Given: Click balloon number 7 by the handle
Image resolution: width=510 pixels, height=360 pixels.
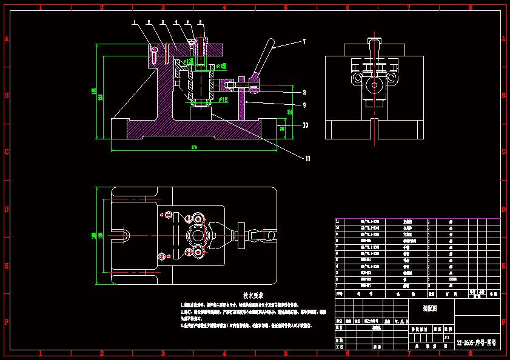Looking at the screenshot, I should click(x=304, y=42).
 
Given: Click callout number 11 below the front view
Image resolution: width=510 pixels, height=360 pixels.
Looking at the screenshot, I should click(x=307, y=159).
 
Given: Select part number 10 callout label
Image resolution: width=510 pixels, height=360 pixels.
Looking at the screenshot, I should click(x=305, y=125).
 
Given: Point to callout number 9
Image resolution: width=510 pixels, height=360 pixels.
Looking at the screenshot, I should click(x=304, y=105).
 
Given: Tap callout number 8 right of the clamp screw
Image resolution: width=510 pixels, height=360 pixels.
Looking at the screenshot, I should click(x=304, y=92).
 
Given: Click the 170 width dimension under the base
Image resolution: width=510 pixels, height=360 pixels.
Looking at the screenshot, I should click(x=194, y=147).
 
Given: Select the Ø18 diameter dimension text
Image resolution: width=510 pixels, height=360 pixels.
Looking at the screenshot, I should click(x=223, y=99).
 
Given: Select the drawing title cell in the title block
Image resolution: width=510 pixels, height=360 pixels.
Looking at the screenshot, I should click(x=429, y=308).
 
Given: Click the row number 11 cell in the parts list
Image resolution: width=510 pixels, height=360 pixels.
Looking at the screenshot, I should click(x=338, y=222).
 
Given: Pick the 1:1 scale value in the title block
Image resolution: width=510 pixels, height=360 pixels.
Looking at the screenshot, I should click(x=447, y=337).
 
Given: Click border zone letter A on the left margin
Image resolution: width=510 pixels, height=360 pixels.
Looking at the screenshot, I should click(x=6, y=38).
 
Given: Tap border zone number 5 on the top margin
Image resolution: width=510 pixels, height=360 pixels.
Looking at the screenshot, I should click(x=286, y=8).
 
